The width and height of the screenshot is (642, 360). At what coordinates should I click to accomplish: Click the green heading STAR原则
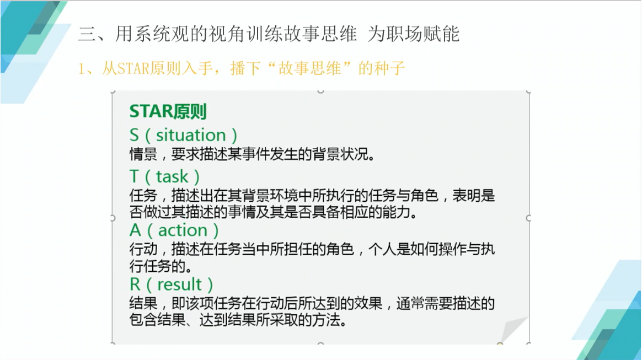coord(168,111)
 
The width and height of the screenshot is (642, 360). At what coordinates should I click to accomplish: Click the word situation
coord(191,135)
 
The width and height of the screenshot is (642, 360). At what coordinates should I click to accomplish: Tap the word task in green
coord(173,177)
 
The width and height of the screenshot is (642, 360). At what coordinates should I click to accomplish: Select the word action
coord(183,230)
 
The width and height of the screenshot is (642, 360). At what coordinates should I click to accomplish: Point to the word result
coord(179,284)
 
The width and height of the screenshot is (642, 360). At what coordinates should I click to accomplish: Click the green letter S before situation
coord(134,136)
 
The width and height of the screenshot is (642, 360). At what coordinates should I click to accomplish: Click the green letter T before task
coord(134,177)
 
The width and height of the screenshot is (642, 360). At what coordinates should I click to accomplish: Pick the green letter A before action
coord(136,230)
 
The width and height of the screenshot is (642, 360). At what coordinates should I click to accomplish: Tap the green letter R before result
coord(135,284)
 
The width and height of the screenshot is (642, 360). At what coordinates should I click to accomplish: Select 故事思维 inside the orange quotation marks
coord(309,68)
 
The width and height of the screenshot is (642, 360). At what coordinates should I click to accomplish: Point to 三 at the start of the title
coord(87,34)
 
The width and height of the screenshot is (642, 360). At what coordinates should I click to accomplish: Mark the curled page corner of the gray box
coord(513,329)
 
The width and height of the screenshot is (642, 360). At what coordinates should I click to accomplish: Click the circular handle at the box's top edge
coord(320,91)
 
